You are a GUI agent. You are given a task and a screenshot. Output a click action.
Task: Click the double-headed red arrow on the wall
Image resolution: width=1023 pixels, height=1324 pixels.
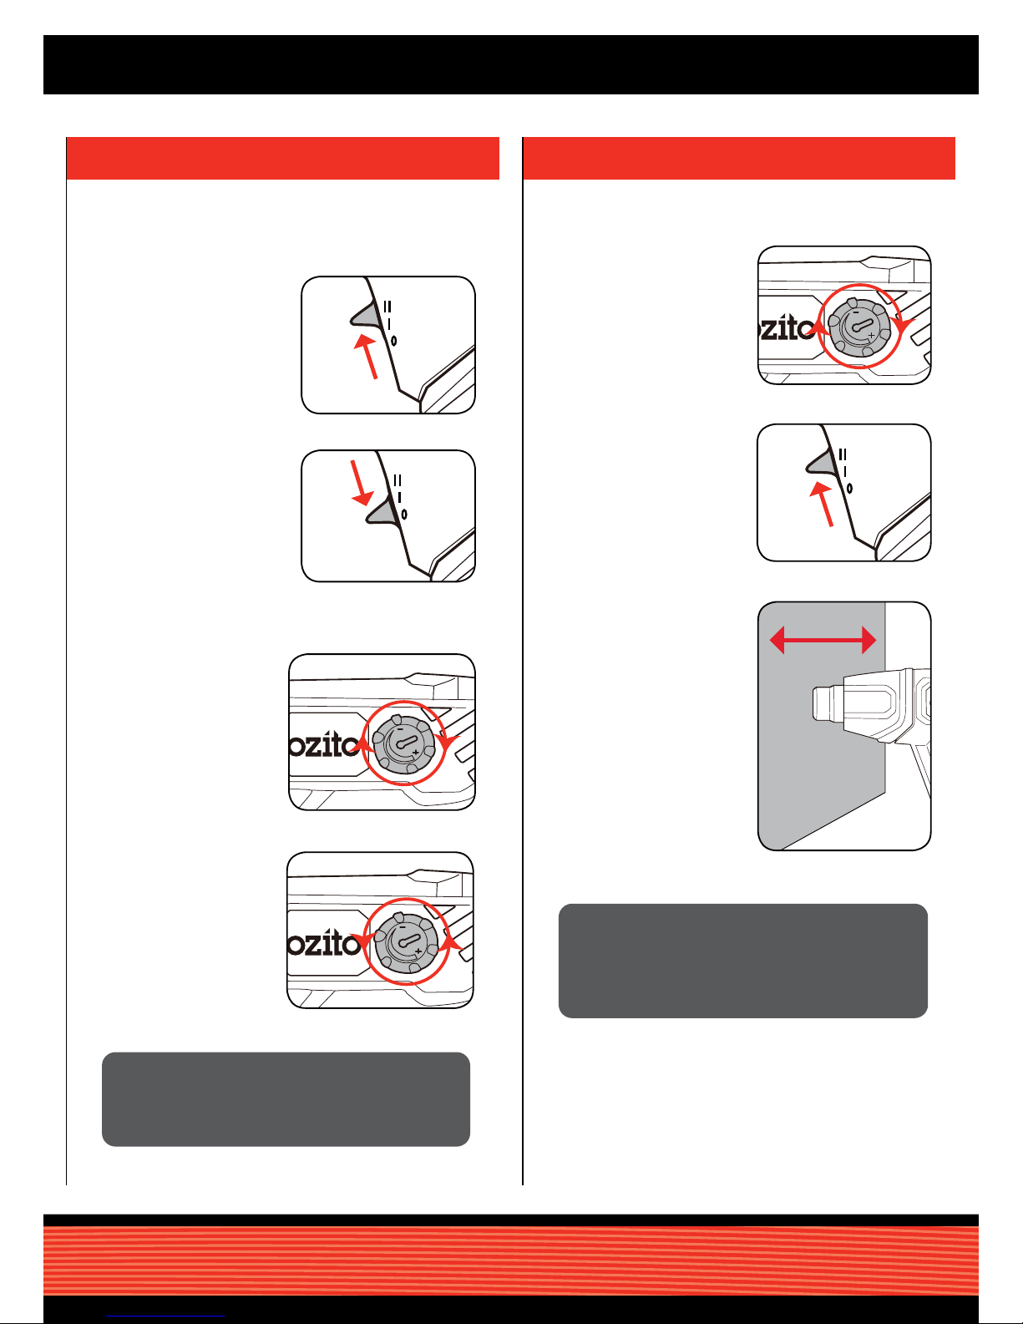(x=823, y=641)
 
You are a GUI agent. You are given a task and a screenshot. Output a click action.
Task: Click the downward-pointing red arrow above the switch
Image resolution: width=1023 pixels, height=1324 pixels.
(x=359, y=483)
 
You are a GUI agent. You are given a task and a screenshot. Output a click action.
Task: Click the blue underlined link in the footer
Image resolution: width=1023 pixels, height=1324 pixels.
(x=165, y=1316)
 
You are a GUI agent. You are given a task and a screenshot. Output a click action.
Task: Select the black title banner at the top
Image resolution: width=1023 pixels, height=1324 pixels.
(x=511, y=64)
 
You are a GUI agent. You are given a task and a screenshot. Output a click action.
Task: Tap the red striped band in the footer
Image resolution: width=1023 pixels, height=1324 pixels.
(x=511, y=1260)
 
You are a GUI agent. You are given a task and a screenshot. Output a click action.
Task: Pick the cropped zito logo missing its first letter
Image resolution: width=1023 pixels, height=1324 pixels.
(x=788, y=329)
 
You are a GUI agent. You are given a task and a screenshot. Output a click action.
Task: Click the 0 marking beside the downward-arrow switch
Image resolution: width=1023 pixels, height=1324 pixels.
(x=404, y=515)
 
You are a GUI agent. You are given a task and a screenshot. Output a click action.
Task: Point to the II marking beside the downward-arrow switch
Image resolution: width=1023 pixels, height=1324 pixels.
(x=398, y=481)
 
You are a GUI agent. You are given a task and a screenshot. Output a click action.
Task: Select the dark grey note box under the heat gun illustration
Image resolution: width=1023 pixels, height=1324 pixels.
(x=743, y=961)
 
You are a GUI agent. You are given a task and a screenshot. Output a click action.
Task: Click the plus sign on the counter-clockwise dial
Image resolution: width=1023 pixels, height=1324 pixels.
(x=418, y=951)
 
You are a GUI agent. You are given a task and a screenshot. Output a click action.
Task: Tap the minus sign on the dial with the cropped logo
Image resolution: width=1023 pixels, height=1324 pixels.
(x=855, y=312)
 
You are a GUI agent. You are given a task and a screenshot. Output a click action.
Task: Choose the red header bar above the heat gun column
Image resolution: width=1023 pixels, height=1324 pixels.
(x=738, y=159)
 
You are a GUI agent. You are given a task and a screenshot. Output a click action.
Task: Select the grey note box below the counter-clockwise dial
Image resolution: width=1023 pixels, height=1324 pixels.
(x=286, y=1099)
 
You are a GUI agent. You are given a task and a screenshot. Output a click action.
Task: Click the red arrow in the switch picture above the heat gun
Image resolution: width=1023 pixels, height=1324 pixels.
(x=822, y=504)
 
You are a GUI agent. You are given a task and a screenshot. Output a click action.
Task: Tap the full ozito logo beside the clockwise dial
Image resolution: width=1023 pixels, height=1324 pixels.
(x=325, y=745)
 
